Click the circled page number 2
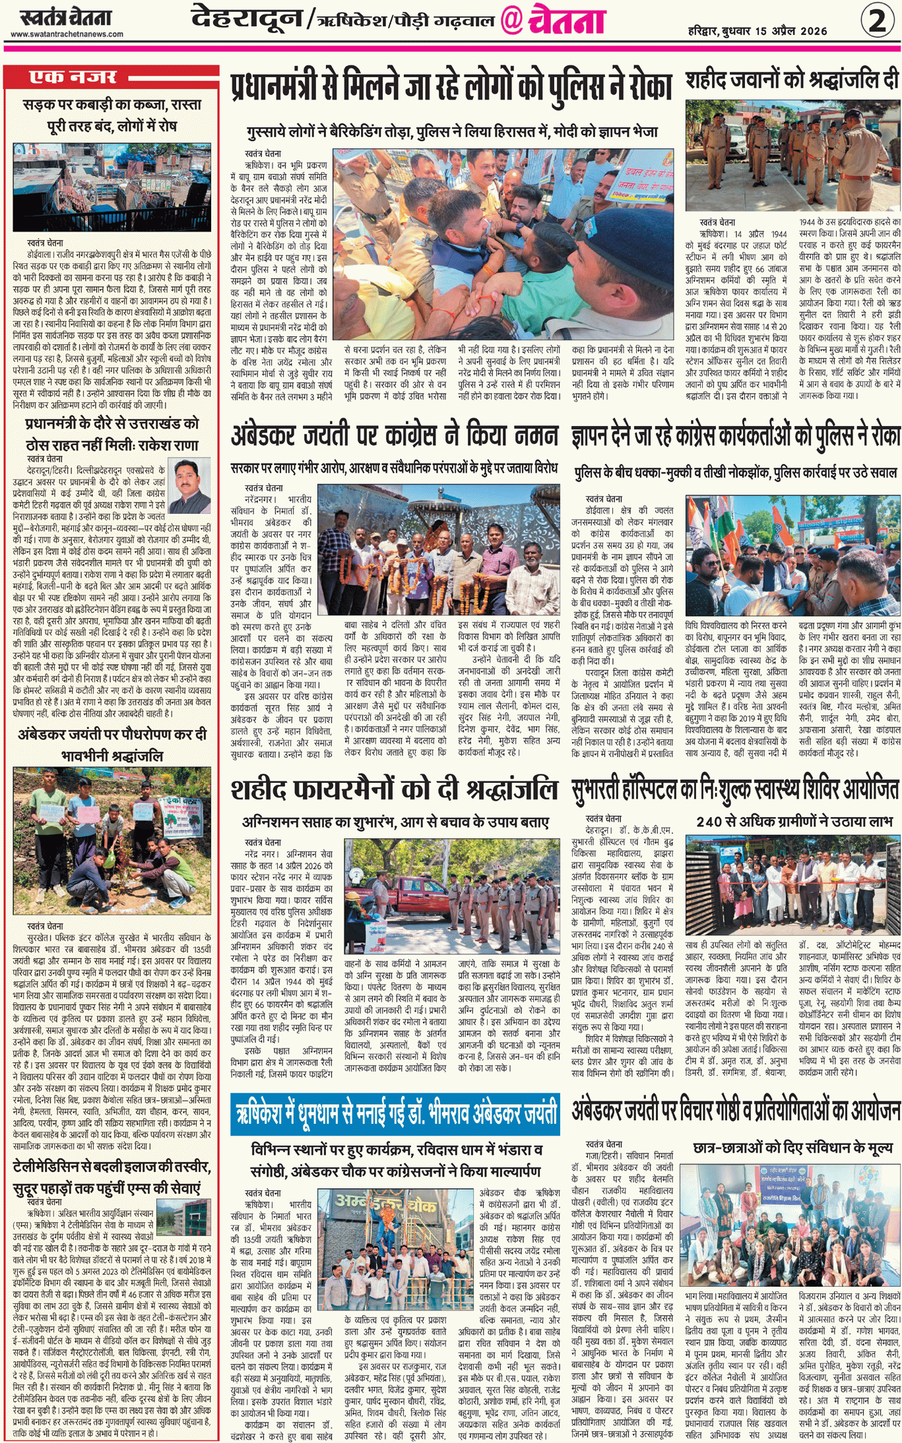coord(877,20)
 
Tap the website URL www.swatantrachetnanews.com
coord(67,34)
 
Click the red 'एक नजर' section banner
coord(73,77)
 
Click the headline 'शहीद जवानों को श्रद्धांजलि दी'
coord(792,80)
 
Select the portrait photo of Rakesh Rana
coord(189,485)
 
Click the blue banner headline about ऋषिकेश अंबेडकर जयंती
coord(395,1114)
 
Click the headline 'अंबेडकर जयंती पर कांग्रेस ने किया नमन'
coord(394,437)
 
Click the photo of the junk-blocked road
coord(112,187)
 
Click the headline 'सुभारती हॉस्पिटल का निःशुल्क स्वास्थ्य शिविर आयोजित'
coord(734,790)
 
